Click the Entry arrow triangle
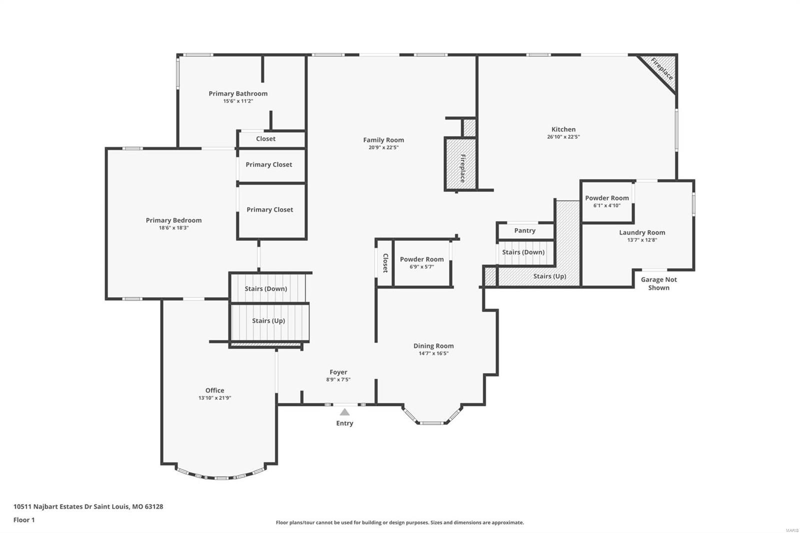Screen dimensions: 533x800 tap(344, 412)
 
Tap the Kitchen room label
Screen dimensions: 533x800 tap(563, 129)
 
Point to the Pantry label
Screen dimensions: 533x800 tap(525, 230)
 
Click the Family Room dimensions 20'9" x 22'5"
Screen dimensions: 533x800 tap(383, 147)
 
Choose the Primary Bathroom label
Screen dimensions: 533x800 tap(238, 93)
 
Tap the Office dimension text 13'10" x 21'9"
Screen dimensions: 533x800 tap(214, 398)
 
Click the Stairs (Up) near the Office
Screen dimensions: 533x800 tap(268, 321)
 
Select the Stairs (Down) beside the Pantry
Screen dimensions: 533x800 tap(523, 252)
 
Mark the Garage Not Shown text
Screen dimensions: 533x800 tap(658, 283)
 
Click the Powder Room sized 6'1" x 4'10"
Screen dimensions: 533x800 tap(607, 201)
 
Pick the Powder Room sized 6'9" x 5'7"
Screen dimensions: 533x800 tap(421, 262)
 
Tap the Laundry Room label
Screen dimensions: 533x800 tap(642, 232)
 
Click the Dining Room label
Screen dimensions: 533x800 tap(433, 346)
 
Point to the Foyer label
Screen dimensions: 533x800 tap(338, 372)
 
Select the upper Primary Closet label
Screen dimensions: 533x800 tap(269, 164)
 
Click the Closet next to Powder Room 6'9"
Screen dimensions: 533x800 tap(385, 263)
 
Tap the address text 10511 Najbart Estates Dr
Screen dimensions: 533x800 tap(88, 506)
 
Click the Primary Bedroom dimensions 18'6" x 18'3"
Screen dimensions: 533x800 tap(173, 228)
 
